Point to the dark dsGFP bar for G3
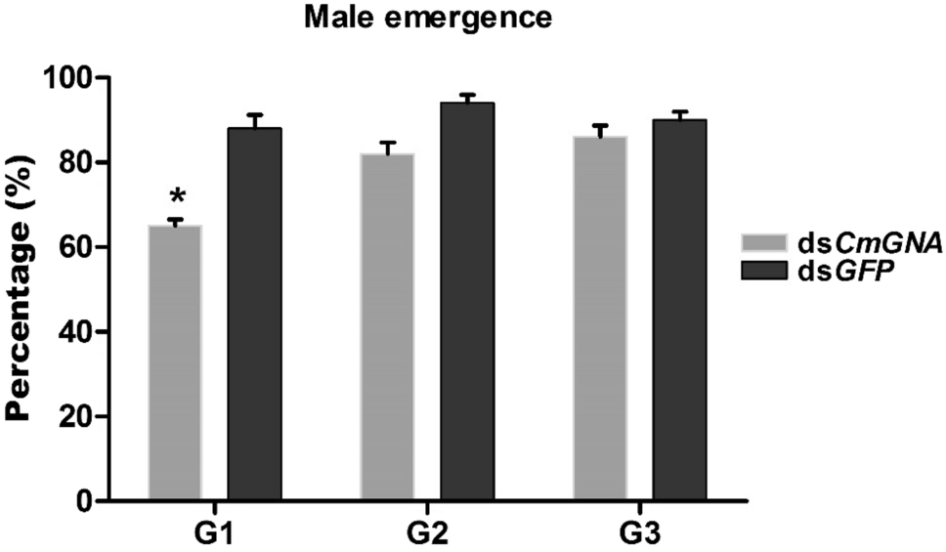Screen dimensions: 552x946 click(680, 310)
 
